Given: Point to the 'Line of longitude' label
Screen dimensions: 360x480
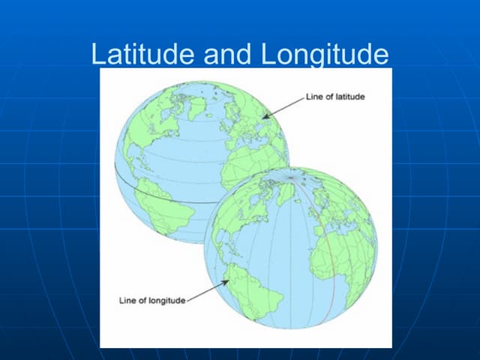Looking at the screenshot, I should pos(152,301).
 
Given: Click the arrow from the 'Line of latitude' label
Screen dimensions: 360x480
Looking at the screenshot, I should pos(284,107).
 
